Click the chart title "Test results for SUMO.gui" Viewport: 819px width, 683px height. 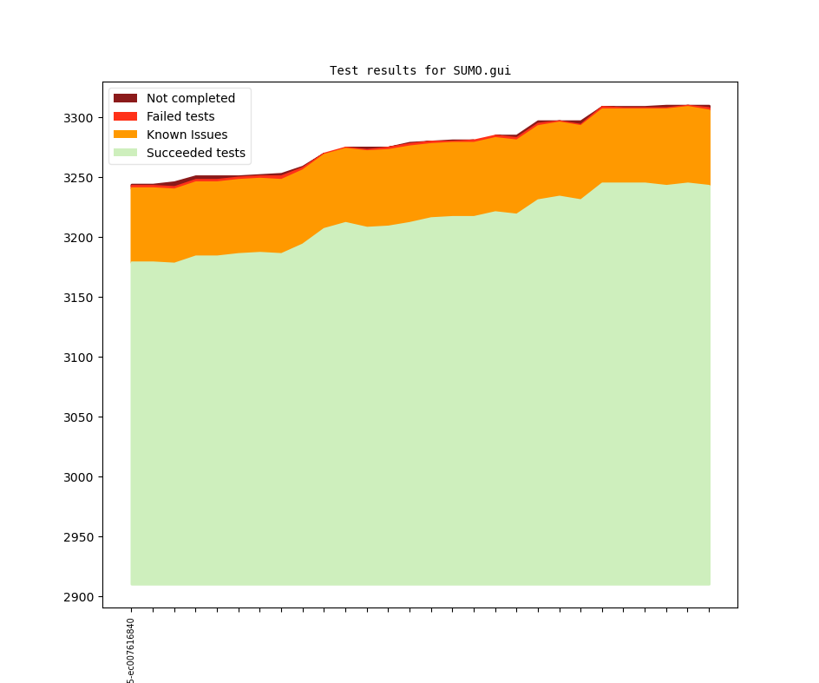420,71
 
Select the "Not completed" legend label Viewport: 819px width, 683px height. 190,99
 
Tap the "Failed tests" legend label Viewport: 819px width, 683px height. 180,117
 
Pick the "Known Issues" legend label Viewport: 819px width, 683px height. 187,135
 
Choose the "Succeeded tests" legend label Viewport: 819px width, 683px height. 195,154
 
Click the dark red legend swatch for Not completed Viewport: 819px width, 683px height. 125,99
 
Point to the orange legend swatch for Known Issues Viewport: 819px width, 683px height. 125,135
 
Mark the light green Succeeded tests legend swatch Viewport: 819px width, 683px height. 125,154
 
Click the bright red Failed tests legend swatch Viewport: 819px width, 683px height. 125,117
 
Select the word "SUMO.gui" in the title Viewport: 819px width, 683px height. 482,71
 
